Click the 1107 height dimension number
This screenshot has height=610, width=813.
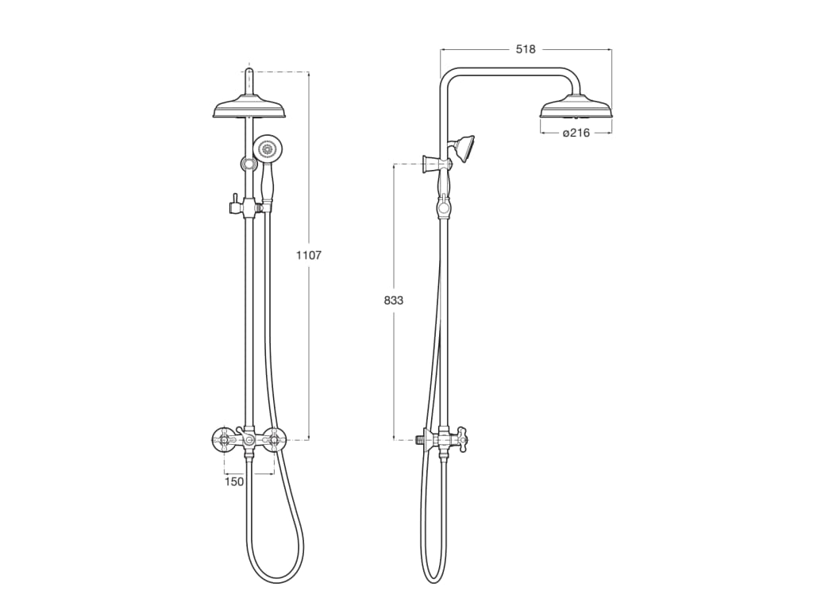[308, 255]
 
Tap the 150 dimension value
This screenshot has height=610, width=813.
[234, 481]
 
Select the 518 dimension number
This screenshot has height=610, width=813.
[526, 49]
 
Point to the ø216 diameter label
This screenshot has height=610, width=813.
[576, 133]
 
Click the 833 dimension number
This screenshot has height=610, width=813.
[393, 300]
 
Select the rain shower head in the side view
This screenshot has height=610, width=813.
[576, 107]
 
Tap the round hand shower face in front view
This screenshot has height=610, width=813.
[268, 147]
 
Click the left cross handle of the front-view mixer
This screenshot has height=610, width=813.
[223, 438]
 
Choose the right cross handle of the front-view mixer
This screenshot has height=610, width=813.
[275, 438]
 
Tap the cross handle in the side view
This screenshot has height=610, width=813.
[460, 438]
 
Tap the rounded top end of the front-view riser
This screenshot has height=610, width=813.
[249, 72]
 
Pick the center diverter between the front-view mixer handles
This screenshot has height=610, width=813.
[249, 439]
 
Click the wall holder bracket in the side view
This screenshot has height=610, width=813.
[435, 164]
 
